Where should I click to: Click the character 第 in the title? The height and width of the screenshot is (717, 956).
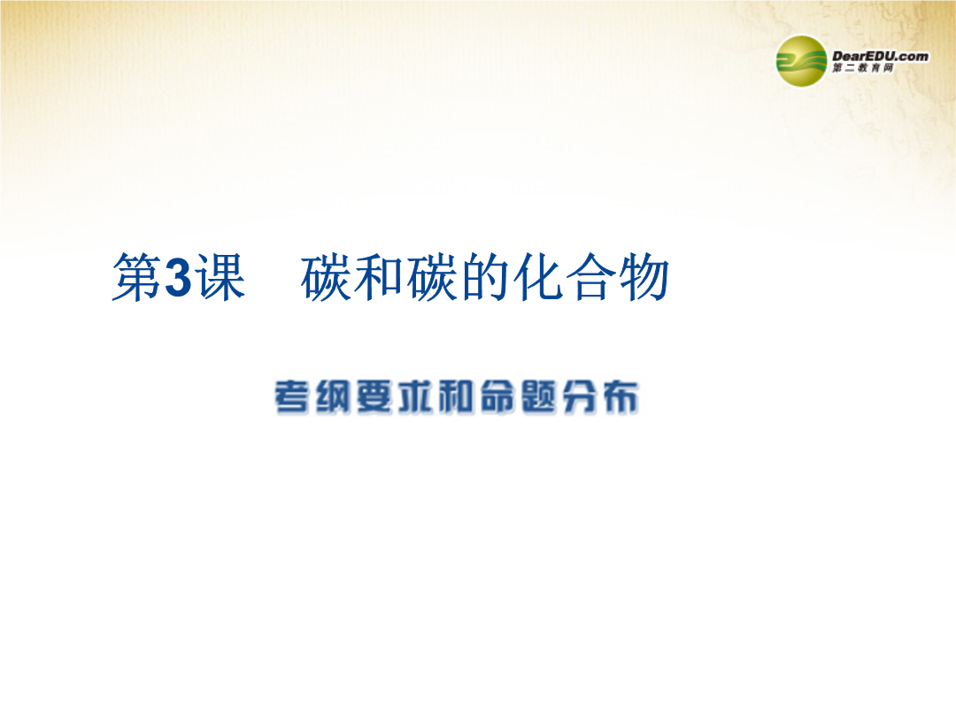137,277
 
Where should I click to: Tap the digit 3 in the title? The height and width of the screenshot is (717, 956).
178,278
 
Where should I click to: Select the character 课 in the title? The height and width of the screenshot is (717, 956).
220,277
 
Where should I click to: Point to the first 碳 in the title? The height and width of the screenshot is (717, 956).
326,277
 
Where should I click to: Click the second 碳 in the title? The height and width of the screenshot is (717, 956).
432,277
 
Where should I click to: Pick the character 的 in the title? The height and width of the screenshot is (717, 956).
485,277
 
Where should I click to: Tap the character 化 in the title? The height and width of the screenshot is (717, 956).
538,277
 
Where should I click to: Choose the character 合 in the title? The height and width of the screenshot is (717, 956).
591,277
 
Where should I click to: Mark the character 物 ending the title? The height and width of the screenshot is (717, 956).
644,277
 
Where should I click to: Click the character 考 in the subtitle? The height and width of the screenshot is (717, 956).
293,397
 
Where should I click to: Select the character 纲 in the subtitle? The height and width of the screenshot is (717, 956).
334,397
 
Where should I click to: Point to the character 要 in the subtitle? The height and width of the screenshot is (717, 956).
374,397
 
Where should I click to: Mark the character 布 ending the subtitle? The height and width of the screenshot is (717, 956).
621,397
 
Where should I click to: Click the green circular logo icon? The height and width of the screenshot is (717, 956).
801,61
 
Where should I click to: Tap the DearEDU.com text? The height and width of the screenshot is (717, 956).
880,56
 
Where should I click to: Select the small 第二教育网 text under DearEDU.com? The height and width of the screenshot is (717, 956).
863,68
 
